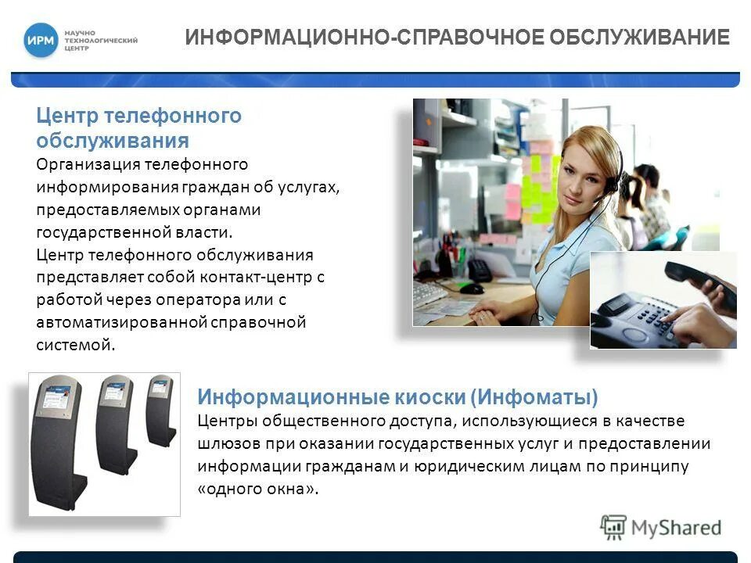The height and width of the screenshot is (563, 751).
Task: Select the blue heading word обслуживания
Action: [x=112, y=141]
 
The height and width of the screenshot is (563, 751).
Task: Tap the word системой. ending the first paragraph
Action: [x=75, y=345]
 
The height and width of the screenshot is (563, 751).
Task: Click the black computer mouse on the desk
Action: [x=472, y=288]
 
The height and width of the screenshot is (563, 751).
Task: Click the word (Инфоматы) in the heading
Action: [x=534, y=397]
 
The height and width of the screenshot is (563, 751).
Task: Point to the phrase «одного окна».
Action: [x=259, y=489]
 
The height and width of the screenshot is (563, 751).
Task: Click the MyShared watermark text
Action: [x=676, y=528]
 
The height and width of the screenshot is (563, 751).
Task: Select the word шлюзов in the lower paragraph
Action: [x=224, y=443]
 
